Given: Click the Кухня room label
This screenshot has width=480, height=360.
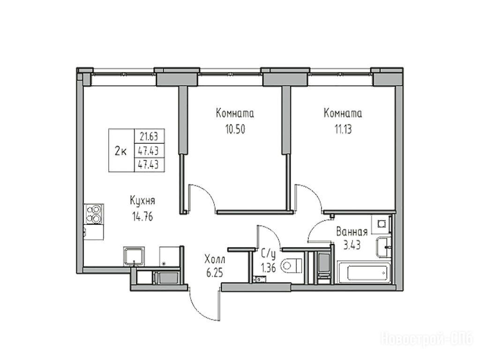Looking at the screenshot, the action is click(142, 201).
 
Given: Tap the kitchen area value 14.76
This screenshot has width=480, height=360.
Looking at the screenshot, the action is click(142, 217).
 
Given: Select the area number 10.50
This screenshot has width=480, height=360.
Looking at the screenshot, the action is click(235, 129).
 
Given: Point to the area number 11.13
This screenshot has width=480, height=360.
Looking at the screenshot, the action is click(343, 129).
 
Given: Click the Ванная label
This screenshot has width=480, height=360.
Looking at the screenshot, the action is click(352, 232).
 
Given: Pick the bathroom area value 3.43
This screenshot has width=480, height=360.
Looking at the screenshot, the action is click(352, 245).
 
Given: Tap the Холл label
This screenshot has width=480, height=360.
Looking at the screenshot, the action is click(215, 260).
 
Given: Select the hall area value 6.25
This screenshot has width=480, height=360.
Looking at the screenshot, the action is click(215, 273).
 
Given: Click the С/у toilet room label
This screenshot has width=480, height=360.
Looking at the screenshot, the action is click(269, 254).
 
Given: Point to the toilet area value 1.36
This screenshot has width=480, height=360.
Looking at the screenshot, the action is click(269, 268).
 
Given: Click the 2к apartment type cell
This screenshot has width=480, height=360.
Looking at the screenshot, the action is click(121, 150).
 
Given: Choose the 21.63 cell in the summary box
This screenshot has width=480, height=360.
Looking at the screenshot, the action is click(150, 136).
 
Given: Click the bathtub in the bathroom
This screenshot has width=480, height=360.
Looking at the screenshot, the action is click(364, 272).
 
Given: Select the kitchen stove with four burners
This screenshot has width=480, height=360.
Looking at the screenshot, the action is click(94, 214).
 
